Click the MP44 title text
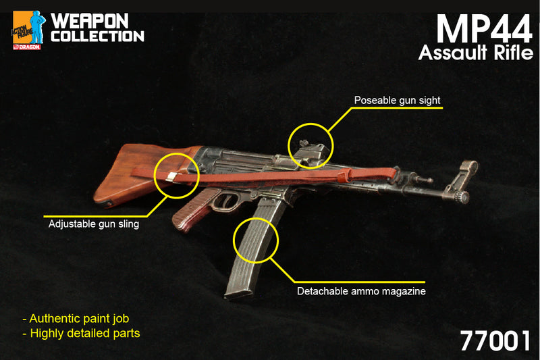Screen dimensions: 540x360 click(484, 29)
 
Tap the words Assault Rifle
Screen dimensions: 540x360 click(476, 53)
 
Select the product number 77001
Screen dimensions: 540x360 click(495, 340)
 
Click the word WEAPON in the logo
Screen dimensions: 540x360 click(90, 21)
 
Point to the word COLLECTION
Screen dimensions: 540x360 click(97, 36)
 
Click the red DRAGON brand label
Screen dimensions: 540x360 click(27, 47)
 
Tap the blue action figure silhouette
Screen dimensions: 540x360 click(37, 27)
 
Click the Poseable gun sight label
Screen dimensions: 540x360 click(397, 100)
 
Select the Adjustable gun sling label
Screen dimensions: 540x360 click(94, 224)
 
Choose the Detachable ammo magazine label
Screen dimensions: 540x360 click(361, 291)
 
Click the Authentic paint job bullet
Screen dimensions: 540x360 click(76, 318)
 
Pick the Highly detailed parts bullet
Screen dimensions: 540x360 click(81, 333)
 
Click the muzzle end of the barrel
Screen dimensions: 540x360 click(464, 197)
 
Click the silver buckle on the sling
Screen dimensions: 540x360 click(171, 178)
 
